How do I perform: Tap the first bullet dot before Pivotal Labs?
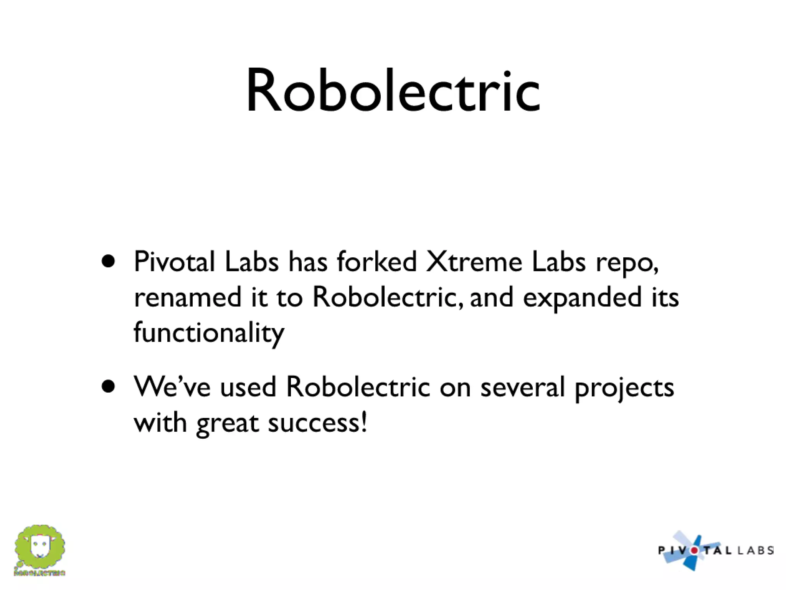(109, 262)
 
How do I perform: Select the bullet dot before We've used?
(109, 387)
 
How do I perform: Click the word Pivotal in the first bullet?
(174, 262)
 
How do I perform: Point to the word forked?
(377, 262)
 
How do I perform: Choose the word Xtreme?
(474, 262)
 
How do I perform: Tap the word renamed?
(188, 297)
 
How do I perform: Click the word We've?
(172, 387)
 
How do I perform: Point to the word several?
(522, 387)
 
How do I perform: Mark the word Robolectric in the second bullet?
(358, 387)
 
